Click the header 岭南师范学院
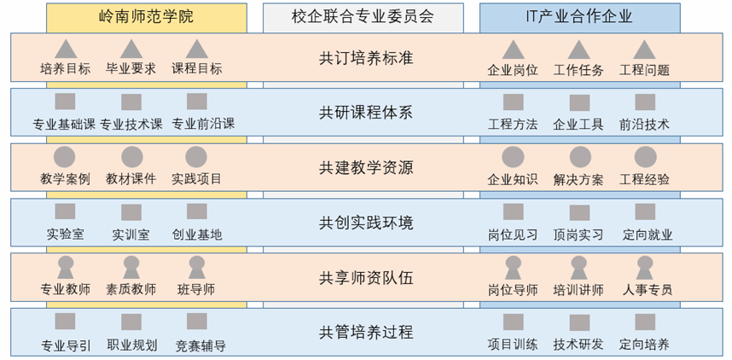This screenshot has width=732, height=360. click(x=147, y=15)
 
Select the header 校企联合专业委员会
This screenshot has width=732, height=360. click(x=363, y=15)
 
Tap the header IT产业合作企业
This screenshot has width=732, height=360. click(x=579, y=15)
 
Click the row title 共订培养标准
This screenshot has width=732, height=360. click(x=366, y=59)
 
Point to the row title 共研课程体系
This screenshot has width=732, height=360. click(x=366, y=113)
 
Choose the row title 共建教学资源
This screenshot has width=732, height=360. click(x=366, y=168)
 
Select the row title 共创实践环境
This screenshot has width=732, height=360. click(x=366, y=223)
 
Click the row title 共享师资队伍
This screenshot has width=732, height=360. click(x=366, y=277)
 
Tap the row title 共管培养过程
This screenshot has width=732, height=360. click(x=366, y=332)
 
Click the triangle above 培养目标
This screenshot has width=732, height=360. click(x=66, y=49)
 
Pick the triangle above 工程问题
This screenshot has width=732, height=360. click(x=644, y=49)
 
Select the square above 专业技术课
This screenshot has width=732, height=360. click(x=131, y=102)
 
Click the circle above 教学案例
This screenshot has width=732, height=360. click(x=66, y=157)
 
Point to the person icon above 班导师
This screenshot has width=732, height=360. click(x=197, y=267)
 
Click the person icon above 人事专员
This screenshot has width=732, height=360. click(x=645, y=267)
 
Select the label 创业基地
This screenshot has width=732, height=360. click(x=197, y=234)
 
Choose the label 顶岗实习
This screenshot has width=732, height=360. click(x=578, y=234)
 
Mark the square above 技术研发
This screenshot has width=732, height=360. click(x=579, y=322)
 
